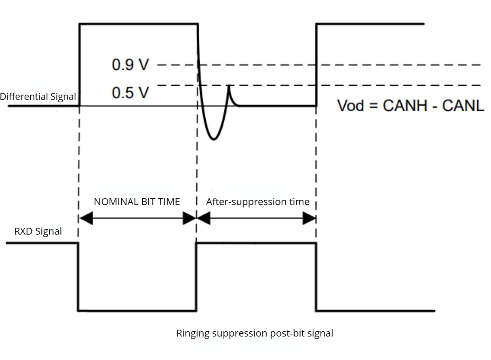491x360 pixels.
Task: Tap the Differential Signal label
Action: click(38, 96)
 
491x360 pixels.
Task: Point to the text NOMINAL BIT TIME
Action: click(137, 202)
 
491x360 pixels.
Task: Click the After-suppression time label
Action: click(258, 202)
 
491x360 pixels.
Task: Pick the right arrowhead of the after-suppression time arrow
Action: click(310, 219)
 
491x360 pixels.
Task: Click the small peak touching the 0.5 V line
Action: click(229, 86)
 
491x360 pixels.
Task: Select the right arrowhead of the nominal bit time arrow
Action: click(190, 219)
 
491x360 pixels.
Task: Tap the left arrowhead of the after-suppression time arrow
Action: click(203, 219)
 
